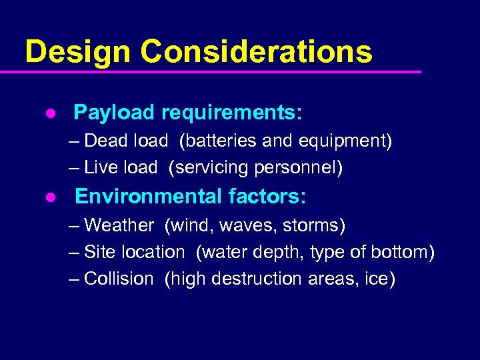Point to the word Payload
click(x=114, y=113)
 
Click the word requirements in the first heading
click(x=232, y=113)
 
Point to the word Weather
click(x=119, y=225)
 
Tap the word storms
click(x=313, y=225)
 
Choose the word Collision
click(x=119, y=279)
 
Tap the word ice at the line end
click(x=379, y=279)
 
